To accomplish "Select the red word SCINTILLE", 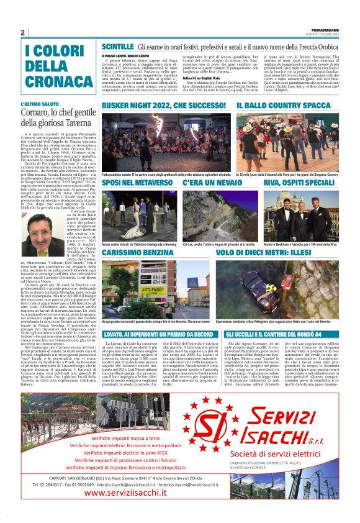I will (117, 47).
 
